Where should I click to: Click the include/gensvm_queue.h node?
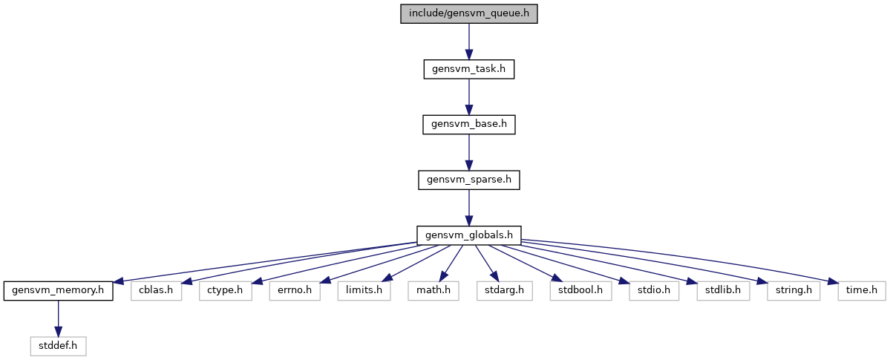(x=469, y=13)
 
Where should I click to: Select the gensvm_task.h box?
(x=469, y=69)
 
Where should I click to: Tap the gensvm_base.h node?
(x=469, y=125)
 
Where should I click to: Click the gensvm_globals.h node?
(x=469, y=235)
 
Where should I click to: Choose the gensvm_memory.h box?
(x=58, y=291)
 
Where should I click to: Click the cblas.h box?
(x=156, y=291)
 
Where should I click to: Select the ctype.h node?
(x=226, y=291)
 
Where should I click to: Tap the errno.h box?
(x=295, y=291)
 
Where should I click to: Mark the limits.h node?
(x=364, y=291)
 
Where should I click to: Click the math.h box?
(x=433, y=291)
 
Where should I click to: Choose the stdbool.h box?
(x=580, y=291)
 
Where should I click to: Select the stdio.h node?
(x=654, y=291)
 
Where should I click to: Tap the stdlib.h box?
(x=723, y=291)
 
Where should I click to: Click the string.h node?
(x=794, y=291)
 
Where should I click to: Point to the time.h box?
(x=862, y=291)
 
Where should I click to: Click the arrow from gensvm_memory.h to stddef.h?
(x=58, y=319)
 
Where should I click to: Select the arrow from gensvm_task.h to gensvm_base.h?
(x=469, y=97)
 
